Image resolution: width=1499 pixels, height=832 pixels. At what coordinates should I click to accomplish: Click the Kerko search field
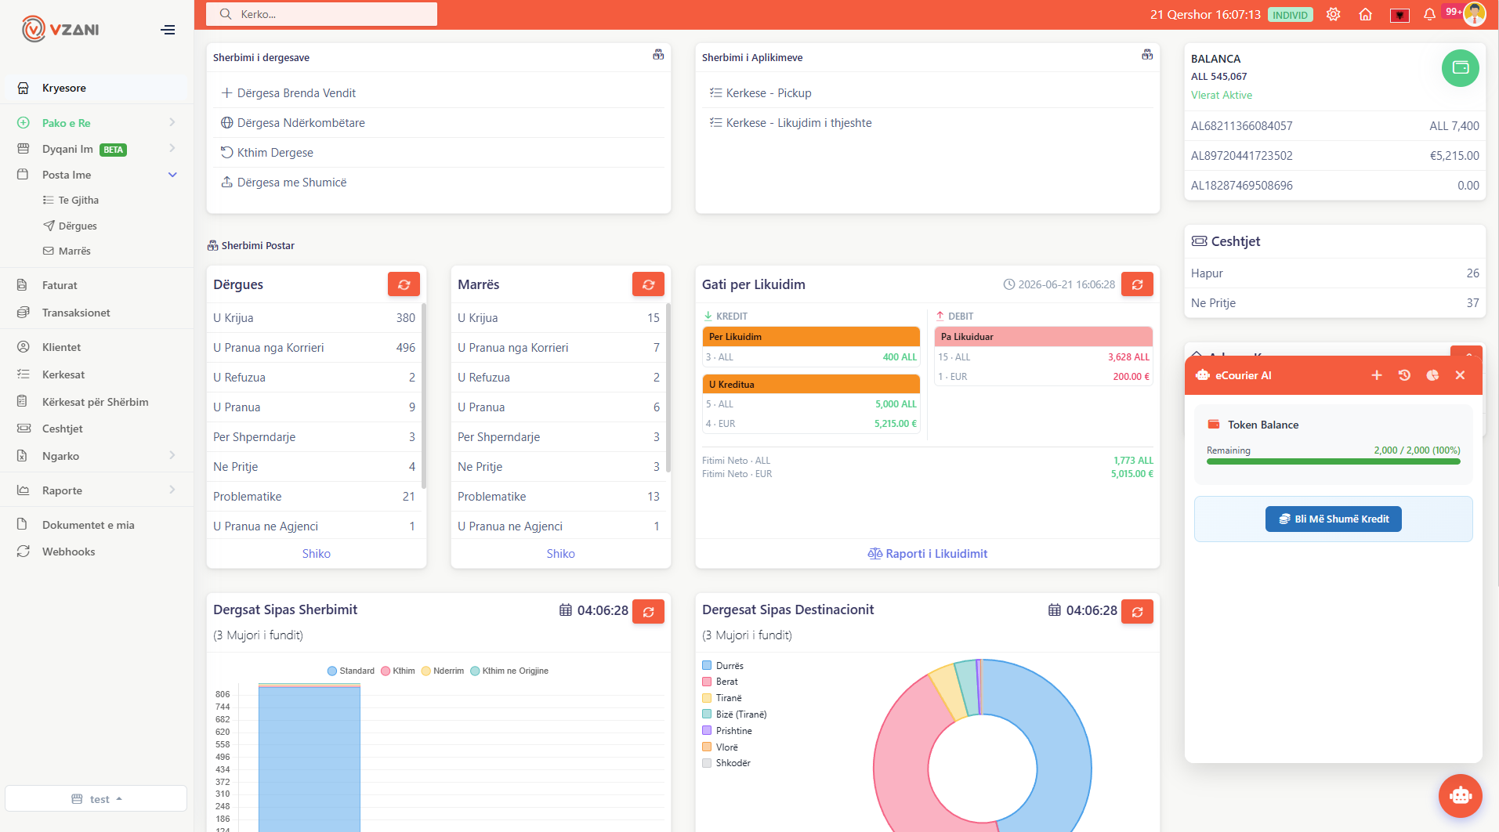pos(321,14)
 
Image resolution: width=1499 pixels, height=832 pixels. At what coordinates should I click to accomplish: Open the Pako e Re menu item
pos(66,123)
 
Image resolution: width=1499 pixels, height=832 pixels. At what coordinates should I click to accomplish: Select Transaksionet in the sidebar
pos(76,313)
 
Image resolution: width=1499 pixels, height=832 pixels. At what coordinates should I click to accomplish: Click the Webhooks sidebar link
pos(68,552)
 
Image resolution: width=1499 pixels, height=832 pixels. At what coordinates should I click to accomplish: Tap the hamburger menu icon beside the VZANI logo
pos(168,30)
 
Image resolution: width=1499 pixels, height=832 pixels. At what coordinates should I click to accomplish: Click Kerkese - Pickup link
pos(769,93)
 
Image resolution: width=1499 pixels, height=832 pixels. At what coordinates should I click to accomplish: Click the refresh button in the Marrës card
pos(648,284)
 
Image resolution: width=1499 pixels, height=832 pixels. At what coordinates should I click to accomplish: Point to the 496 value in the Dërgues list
pos(406,348)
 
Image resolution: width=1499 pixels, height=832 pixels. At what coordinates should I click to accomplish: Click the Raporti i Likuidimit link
pos(928,554)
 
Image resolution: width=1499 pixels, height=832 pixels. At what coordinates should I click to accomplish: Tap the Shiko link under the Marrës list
pos(560,554)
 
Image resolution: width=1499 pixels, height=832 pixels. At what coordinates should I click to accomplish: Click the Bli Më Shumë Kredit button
pos(1333,519)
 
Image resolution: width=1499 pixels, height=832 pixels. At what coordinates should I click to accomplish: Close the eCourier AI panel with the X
pos(1460,375)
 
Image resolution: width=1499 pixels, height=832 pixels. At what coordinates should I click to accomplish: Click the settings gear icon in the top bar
pos(1333,14)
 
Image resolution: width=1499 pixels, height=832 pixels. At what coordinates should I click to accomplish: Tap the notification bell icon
pos(1429,14)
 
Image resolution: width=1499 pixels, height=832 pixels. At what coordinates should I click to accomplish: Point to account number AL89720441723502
pos(1241,156)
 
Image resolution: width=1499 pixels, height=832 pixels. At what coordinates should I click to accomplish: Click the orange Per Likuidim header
pos(811,337)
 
